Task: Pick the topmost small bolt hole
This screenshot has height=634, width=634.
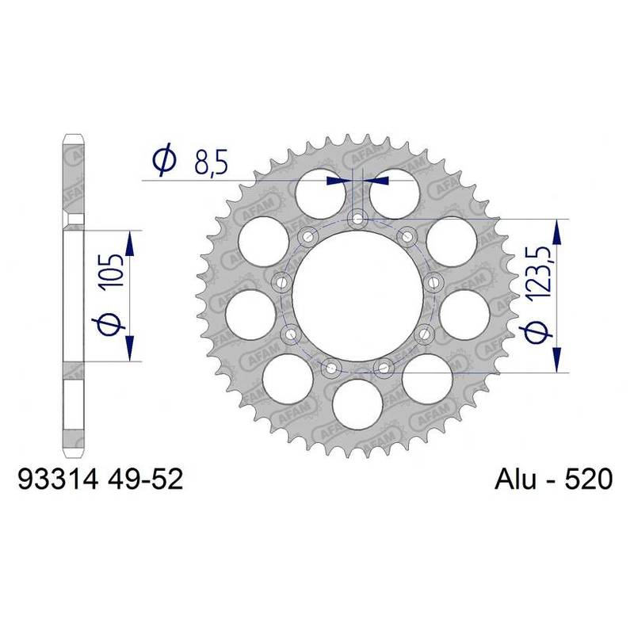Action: tap(357, 217)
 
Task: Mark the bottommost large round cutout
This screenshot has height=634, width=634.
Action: tap(357, 401)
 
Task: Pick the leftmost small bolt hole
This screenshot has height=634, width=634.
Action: tap(281, 281)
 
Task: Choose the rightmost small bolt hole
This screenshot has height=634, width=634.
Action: tap(433, 281)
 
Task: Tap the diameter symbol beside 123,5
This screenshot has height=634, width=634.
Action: tap(539, 333)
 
